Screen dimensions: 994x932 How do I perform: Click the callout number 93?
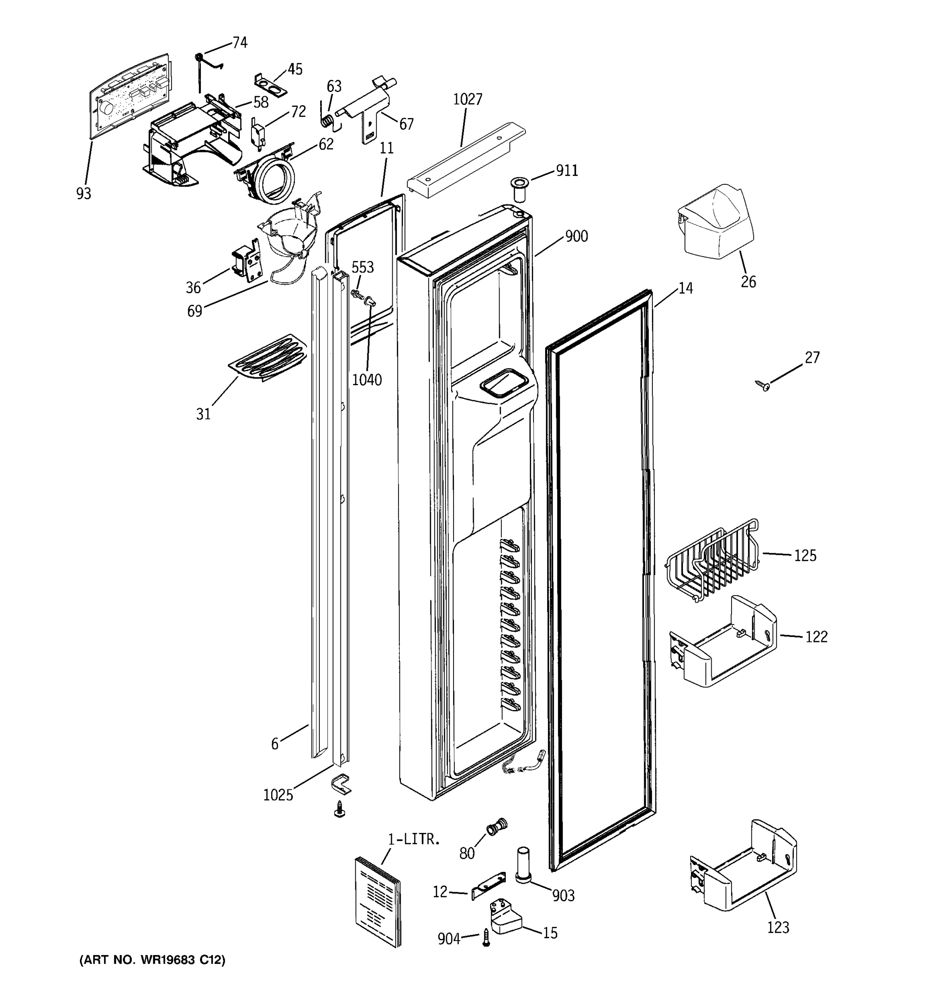tap(84, 193)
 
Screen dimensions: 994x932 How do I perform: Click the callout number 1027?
tap(468, 99)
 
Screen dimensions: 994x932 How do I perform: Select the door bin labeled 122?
tap(722, 643)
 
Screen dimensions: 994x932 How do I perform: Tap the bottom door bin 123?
tap(743, 868)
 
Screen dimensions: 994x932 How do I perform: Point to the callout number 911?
tap(567, 171)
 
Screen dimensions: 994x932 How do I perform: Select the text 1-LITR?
tap(414, 840)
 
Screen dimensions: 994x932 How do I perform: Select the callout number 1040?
tap(367, 380)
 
